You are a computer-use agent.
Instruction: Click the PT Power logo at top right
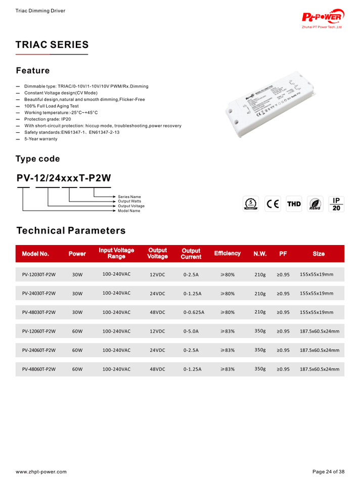pos(323,18)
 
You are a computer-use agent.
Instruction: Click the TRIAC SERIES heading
pos(52,45)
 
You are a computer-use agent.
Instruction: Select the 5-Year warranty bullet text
pos(41,139)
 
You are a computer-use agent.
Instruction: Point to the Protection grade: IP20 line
pos(48,119)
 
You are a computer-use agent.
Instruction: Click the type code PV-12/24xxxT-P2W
pos(64,178)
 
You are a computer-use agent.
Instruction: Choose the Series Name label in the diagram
pos(129,197)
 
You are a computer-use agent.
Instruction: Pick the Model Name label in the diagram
pos(129,211)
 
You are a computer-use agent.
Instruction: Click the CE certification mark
pos(273,204)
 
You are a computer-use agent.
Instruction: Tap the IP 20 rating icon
pos(337,204)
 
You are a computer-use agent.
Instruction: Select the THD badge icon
pos(294,204)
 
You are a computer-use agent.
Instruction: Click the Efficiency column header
pos(227,253)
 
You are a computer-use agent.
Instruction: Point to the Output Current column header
pos(191,254)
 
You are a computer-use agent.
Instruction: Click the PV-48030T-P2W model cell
pos(39,312)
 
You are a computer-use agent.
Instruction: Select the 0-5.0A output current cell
pos(191,331)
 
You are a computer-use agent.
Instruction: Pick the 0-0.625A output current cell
pos(194,312)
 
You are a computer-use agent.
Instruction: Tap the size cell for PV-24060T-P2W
pos(319,350)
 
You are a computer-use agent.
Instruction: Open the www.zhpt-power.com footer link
pos(41,472)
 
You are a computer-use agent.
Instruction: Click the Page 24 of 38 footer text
pos(328,472)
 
